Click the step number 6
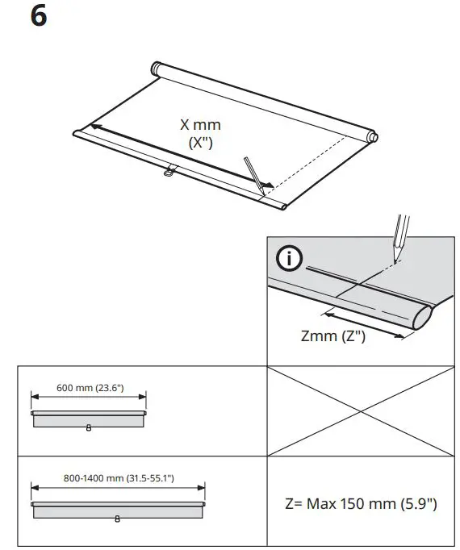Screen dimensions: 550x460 point(39,16)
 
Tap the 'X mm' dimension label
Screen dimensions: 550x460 point(199,125)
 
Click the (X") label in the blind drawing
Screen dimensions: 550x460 point(199,143)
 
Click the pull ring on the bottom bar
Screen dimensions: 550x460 point(169,171)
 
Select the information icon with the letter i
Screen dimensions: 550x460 point(289,260)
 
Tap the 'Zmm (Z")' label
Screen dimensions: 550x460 point(332,336)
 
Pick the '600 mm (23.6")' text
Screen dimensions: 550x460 point(89,387)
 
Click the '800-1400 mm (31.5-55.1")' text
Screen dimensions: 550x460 point(119,478)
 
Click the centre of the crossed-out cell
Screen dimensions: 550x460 point(360,411)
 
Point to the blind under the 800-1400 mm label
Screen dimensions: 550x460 point(118,510)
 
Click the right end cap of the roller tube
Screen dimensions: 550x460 point(370,136)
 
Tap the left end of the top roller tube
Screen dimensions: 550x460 point(157,69)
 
